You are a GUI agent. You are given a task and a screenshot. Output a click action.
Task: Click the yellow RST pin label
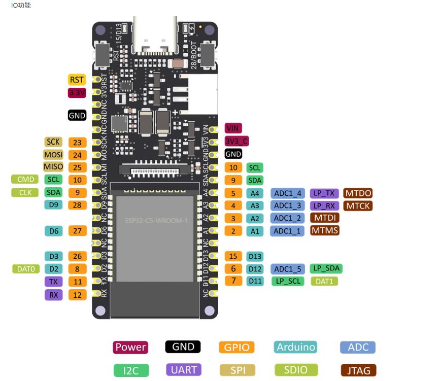(x=77, y=80)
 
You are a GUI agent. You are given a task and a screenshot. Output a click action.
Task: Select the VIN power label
(x=233, y=128)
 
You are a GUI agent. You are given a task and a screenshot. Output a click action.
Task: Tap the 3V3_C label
(x=237, y=141)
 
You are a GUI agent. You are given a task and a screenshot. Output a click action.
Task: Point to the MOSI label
(x=53, y=154)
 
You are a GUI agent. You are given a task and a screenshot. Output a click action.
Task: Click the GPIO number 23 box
(x=77, y=143)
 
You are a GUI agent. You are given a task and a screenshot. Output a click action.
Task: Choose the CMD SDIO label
(x=26, y=179)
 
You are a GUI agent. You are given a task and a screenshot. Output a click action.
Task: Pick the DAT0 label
(x=26, y=268)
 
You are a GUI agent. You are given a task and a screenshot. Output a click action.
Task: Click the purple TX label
(x=53, y=282)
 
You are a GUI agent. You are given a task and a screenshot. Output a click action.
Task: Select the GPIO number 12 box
(x=77, y=295)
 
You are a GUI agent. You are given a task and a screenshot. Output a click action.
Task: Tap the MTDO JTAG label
(x=358, y=193)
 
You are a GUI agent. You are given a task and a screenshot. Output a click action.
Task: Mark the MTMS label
(x=324, y=230)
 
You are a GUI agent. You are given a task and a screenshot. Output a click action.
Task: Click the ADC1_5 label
(x=288, y=269)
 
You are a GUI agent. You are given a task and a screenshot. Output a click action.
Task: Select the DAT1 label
(x=324, y=281)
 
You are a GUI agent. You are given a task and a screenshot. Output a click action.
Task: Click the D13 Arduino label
(x=256, y=257)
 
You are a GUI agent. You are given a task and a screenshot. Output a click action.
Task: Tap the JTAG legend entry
(x=359, y=370)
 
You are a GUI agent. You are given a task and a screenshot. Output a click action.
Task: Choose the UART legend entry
(x=183, y=369)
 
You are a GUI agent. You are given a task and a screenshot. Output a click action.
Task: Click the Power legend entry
(x=130, y=347)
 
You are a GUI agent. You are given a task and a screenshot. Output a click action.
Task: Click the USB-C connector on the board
(x=154, y=36)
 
